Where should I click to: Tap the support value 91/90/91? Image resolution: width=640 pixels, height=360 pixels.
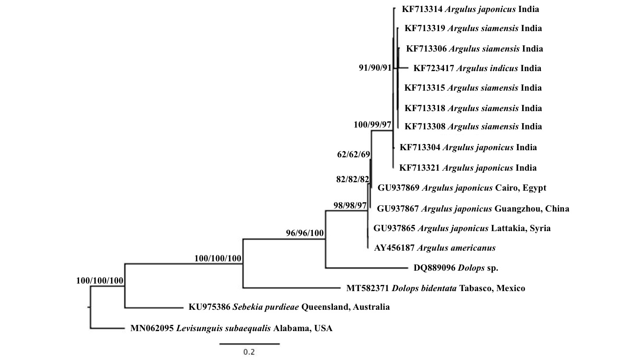375,68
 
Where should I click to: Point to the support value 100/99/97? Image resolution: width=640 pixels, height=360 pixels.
372,124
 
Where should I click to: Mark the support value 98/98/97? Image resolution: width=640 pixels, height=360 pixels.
350,205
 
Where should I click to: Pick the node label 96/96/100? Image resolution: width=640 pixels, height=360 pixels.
305,232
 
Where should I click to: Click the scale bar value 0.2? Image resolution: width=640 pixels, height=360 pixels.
249,352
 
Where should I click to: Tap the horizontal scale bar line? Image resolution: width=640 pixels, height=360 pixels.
249,343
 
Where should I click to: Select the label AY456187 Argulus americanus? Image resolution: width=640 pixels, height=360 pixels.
435,248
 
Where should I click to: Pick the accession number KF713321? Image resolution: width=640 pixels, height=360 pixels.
419,168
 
